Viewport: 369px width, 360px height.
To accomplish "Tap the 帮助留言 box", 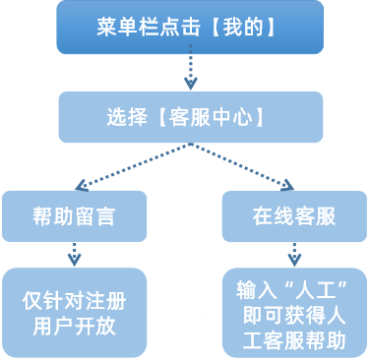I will point(74,216).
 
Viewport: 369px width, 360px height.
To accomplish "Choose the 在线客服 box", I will point(294,216).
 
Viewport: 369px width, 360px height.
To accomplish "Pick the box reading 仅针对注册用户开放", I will point(74,312).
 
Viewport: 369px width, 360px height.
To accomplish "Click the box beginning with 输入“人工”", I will point(294,312).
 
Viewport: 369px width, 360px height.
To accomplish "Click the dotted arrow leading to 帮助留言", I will point(131,165).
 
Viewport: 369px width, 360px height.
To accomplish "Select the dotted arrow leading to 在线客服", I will point(242,165).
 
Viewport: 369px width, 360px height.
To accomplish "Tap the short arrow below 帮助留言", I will point(74,254).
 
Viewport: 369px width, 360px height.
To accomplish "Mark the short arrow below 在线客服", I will point(294,254).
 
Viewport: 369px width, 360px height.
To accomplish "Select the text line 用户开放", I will point(74,325).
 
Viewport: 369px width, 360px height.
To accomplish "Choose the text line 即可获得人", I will point(294,316).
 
